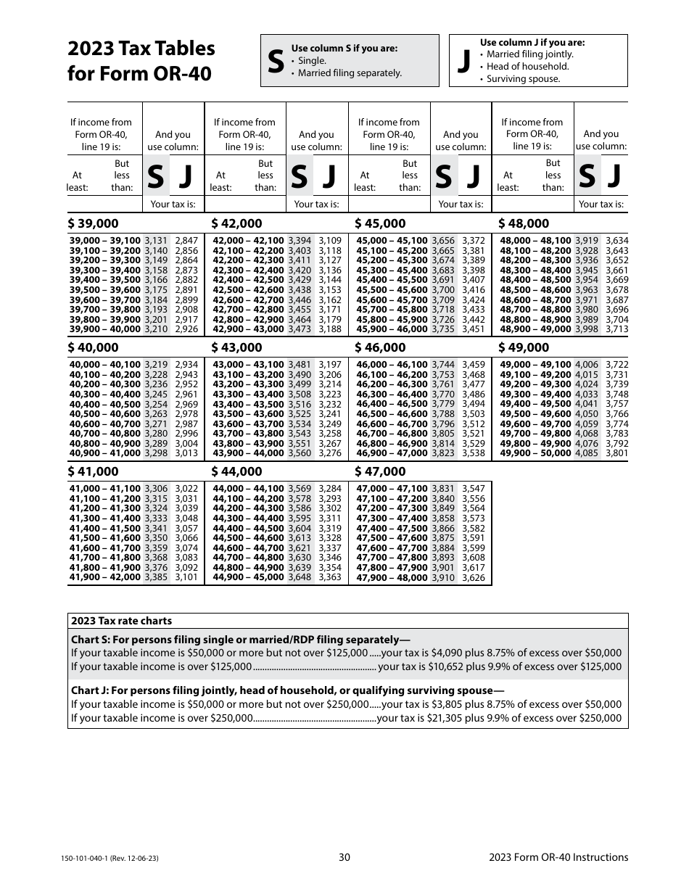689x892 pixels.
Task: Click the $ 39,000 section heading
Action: click(x=94, y=223)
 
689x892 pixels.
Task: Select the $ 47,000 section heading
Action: click(x=380, y=471)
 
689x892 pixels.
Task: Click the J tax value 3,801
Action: click(x=616, y=453)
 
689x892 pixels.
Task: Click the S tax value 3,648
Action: click(x=300, y=578)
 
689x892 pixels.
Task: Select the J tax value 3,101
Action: click(x=186, y=578)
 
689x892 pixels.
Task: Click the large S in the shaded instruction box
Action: click(x=276, y=62)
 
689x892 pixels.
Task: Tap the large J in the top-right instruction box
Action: click(x=464, y=62)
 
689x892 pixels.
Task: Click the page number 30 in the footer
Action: click(x=344, y=857)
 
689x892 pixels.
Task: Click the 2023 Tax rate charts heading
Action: click(x=122, y=621)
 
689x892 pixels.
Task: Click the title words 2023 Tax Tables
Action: click(x=141, y=49)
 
